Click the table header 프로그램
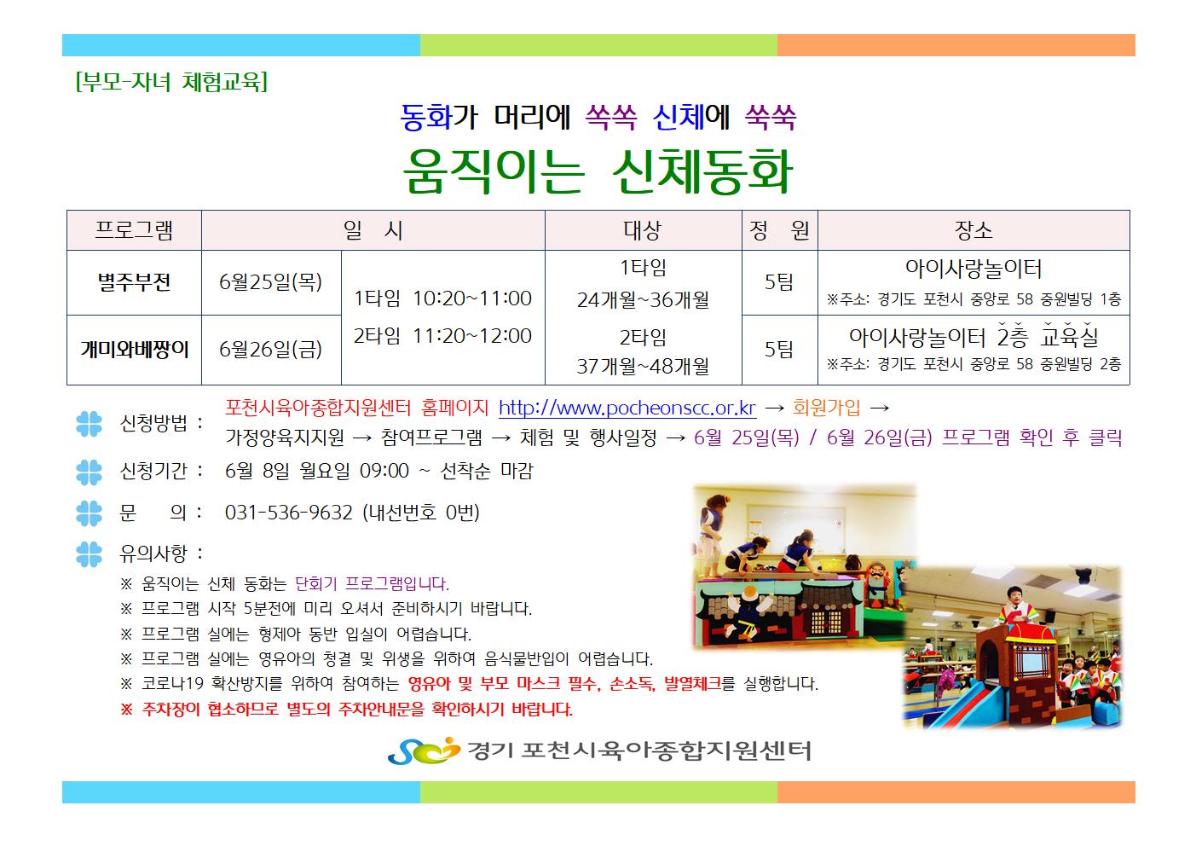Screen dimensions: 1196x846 134,230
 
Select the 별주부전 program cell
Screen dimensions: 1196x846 134,282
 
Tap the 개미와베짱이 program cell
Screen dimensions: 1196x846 134,350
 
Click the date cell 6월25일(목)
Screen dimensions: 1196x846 271,282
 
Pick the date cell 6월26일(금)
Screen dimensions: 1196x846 271,350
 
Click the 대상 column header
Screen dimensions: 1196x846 643,230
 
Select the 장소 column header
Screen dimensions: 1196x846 974,230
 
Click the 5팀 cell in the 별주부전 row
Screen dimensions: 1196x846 779,282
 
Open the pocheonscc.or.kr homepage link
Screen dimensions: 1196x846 627,408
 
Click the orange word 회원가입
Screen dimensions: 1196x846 826,408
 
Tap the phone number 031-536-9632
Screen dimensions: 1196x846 288,513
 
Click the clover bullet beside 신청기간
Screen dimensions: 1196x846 90,472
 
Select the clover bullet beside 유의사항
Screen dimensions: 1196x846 90,553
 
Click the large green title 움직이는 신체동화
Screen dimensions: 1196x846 598,172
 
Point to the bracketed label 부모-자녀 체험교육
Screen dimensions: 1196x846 171,82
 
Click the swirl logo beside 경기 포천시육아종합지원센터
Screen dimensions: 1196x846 423,750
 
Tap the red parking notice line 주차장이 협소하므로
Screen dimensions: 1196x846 346,710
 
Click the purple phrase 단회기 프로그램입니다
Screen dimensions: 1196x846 373,584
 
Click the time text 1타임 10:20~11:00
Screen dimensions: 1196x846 442,298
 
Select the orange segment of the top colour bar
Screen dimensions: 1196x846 956,45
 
